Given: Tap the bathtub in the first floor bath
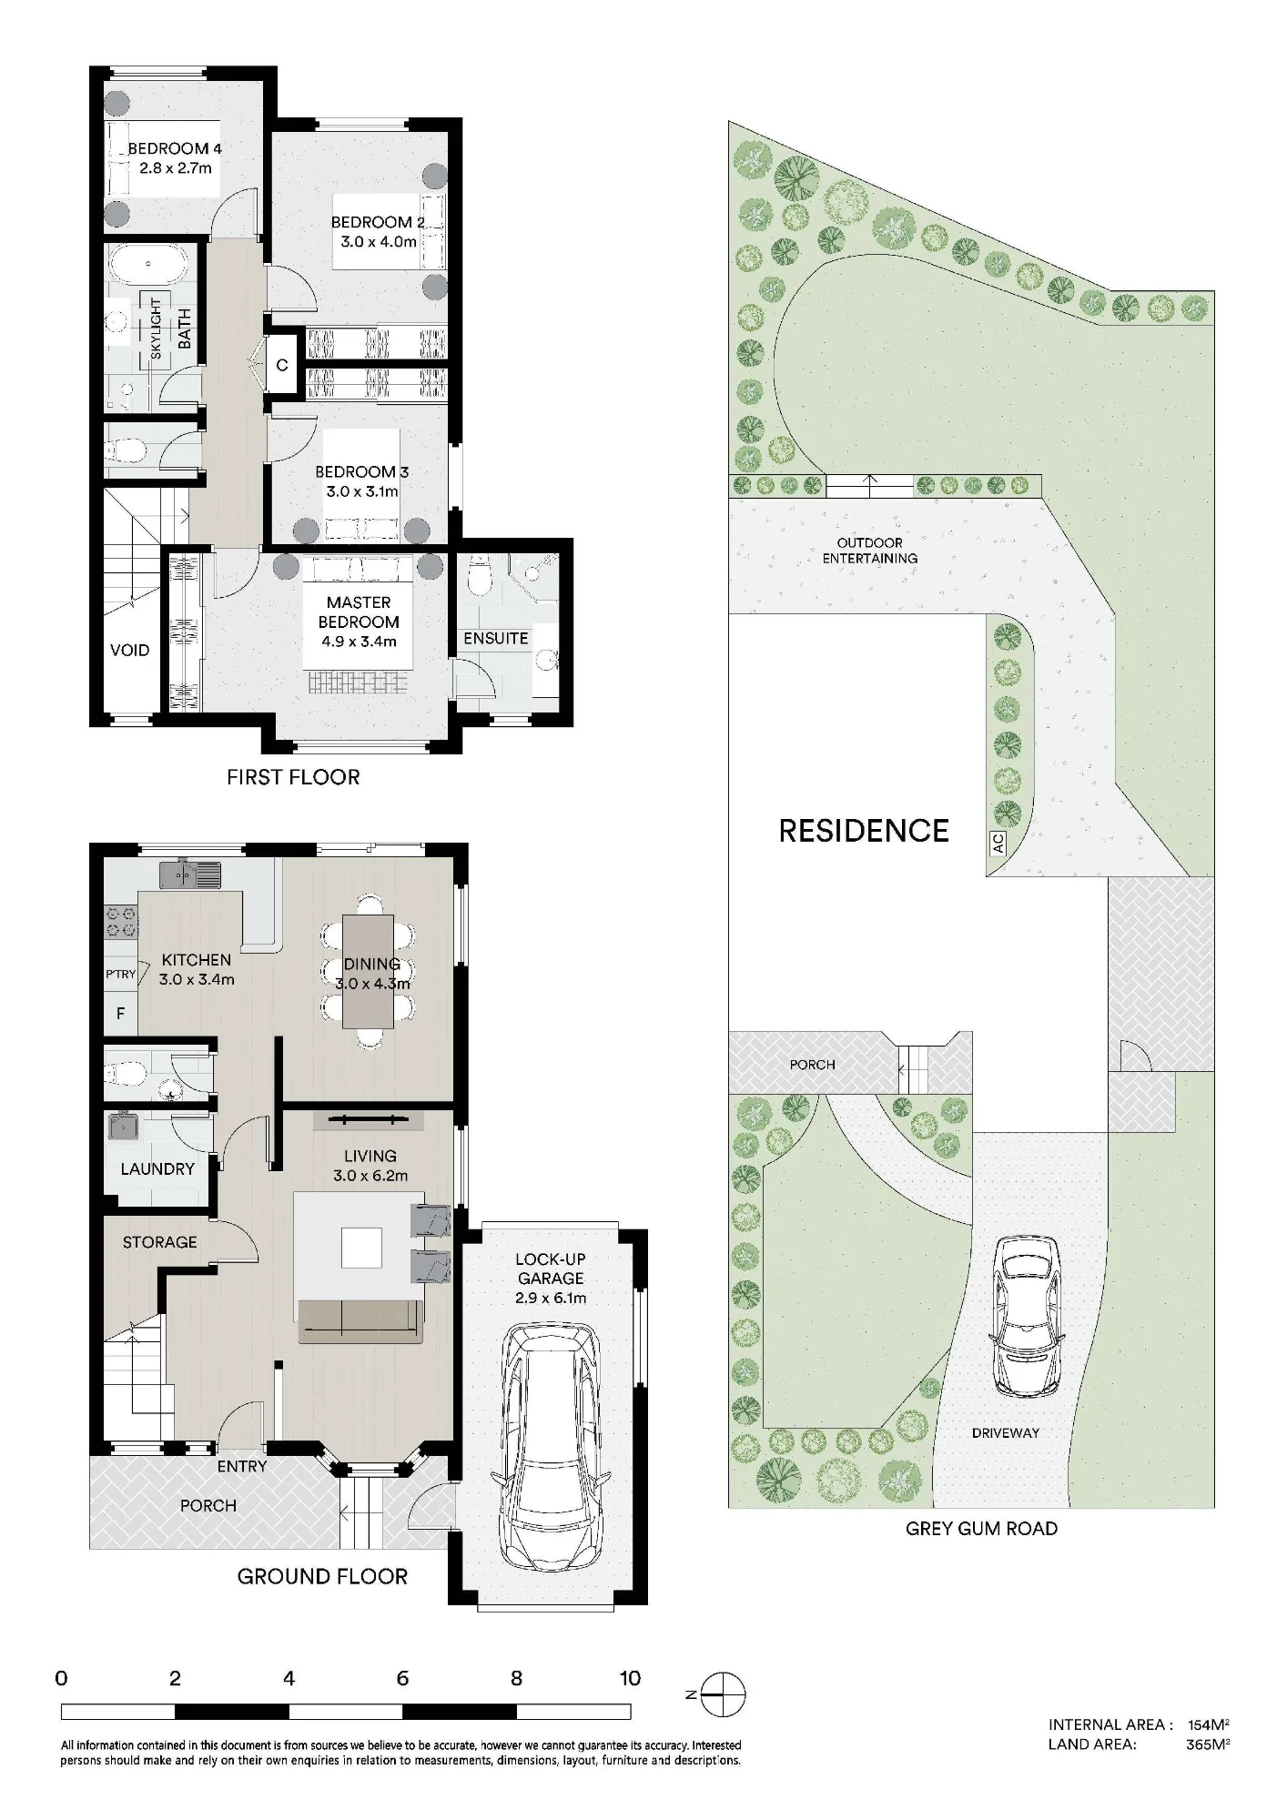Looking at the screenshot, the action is pyautogui.click(x=148, y=264).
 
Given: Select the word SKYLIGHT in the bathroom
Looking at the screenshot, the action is pyautogui.click(x=156, y=329).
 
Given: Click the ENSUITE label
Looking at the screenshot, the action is pyautogui.click(x=496, y=638).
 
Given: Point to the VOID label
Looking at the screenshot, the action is pyautogui.click(x=129, y=650).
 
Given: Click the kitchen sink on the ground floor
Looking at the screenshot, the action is pyautogui.click(x=190, y=874).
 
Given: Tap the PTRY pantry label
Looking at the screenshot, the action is pyautogui.click(x=120, y=974).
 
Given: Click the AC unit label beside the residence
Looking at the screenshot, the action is pyautogui.click(x=998, y=844).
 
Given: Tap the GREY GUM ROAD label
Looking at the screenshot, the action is pyautogui.click(x=981, y=1528).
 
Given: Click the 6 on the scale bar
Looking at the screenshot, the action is pyautogui.click(x=402, y=1678).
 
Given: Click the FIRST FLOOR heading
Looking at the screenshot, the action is pyautogui.click(x=293, y=776).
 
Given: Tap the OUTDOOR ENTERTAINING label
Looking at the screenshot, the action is pyautogui.click(x=870, y=551).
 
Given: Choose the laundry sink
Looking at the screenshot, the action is pyautogui.click(x=123, y=1127).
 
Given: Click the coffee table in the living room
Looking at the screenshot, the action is pyautogui.click(x=362, y=1248).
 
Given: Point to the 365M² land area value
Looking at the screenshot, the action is pyautogui.click(x=1208, y=1744).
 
